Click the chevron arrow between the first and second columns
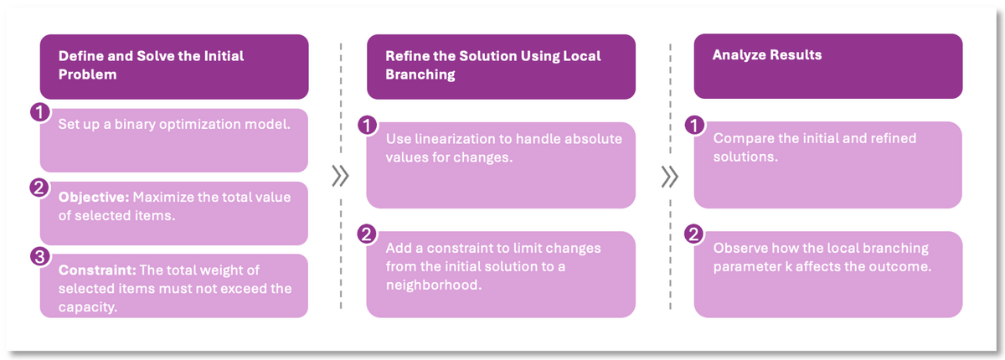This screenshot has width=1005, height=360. click(340, 177)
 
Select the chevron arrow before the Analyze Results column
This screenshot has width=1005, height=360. click(668, 177)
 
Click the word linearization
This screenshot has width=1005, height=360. click(452, 138)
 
